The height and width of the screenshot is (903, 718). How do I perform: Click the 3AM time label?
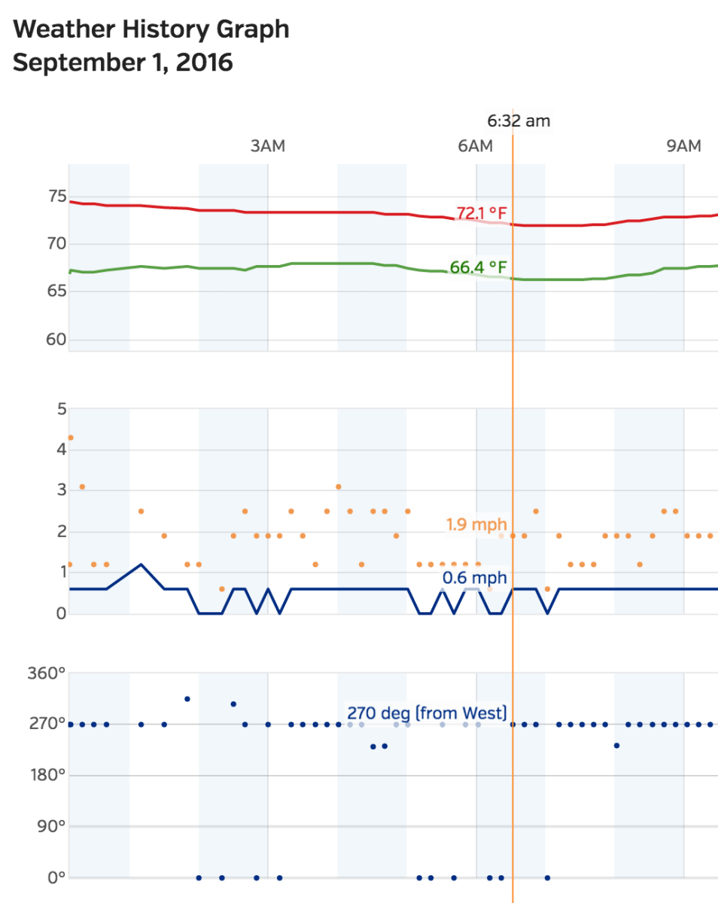[267, 146]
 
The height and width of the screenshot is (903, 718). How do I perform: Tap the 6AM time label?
[475, 146]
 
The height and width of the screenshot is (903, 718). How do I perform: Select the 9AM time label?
[683, 146]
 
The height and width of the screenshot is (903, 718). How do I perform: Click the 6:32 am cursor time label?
[519, 121]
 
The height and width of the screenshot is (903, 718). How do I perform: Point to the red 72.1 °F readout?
[482, 213]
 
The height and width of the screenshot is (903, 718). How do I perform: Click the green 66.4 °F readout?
[478, 267]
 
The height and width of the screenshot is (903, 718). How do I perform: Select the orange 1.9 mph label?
[476, 524]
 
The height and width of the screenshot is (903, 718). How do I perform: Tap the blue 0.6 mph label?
[474, 578]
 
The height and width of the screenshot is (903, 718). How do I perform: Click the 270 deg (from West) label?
[427, 712]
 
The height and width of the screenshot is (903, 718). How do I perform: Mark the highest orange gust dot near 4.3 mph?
[71, 438]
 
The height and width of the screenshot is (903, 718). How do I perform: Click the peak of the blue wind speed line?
[141, 564]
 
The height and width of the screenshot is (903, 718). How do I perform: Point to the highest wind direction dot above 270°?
[187, 699]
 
